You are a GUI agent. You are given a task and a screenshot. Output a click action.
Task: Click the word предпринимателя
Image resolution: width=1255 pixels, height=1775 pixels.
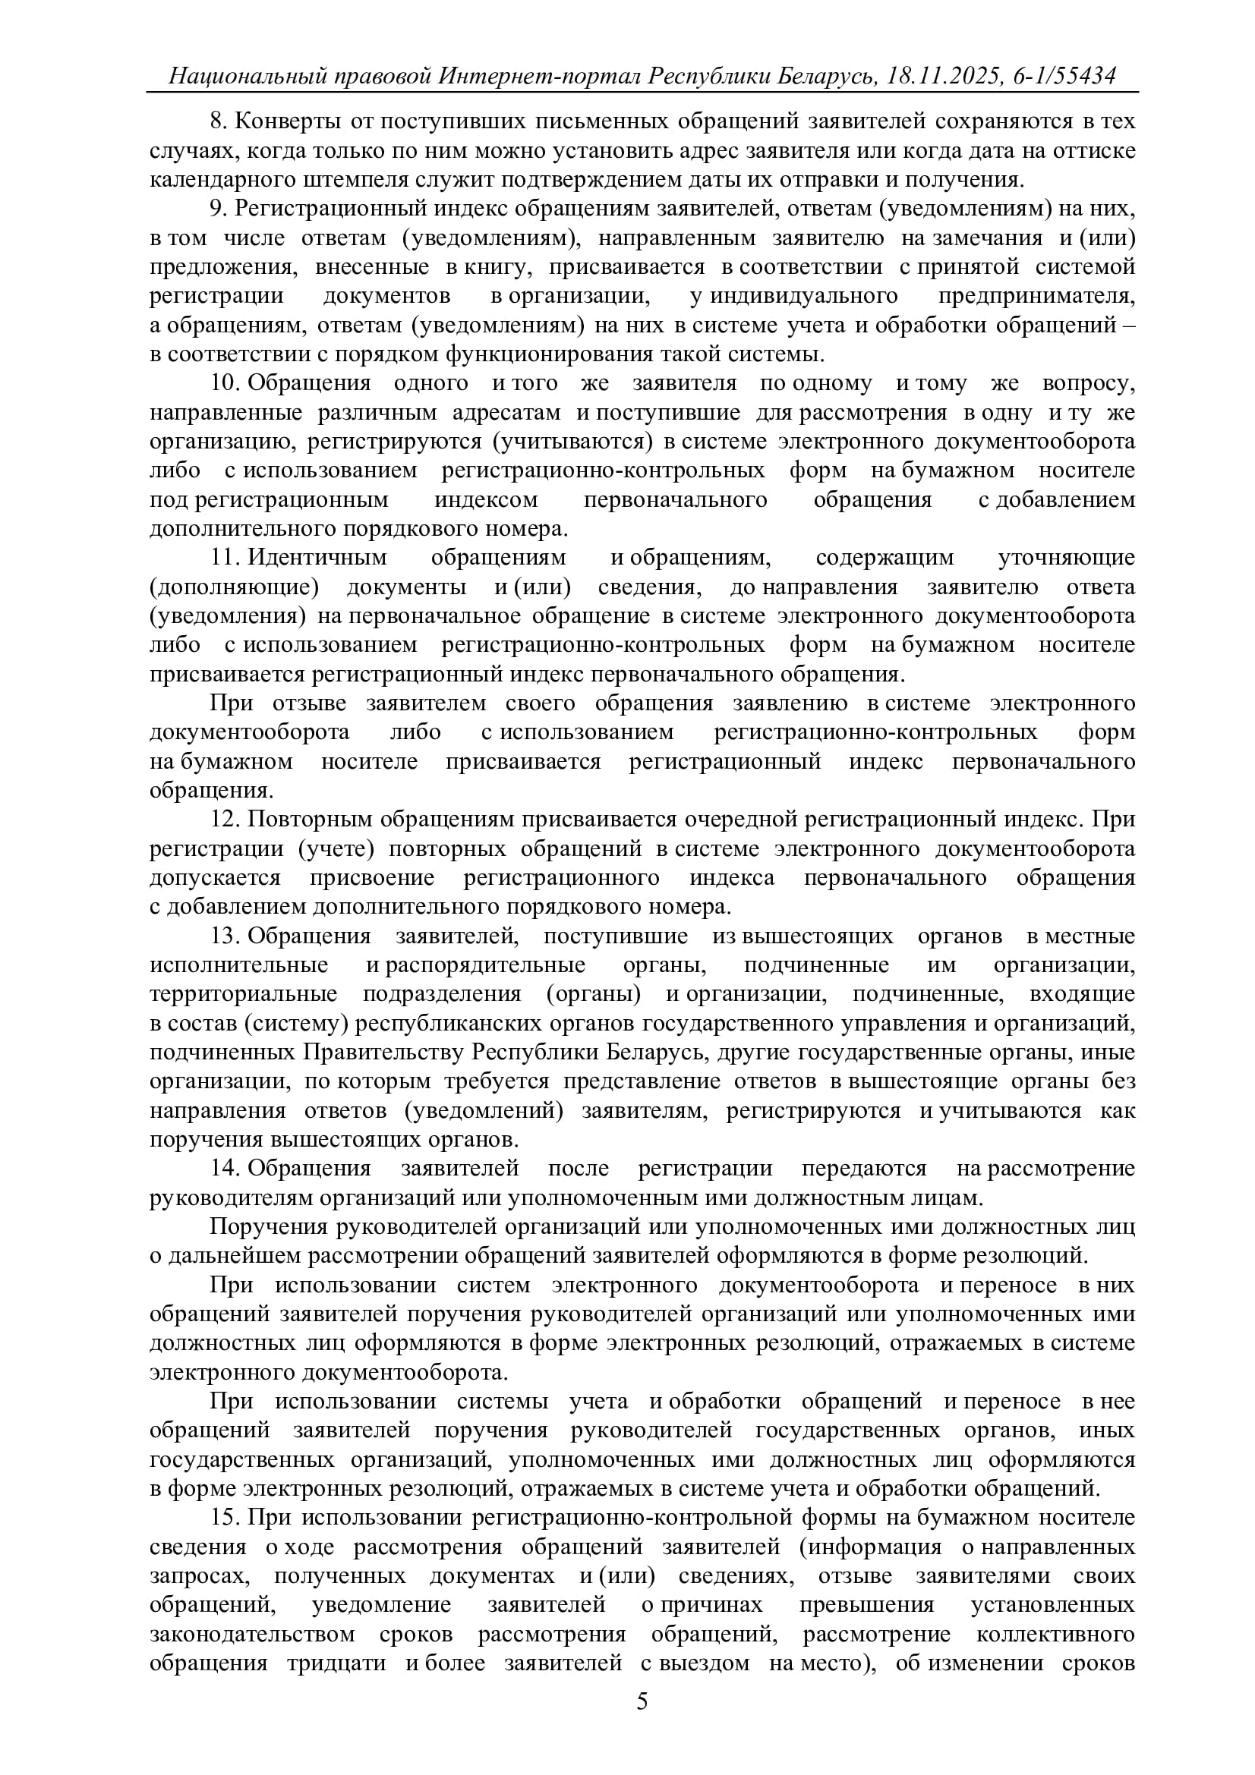tap(1037, 296)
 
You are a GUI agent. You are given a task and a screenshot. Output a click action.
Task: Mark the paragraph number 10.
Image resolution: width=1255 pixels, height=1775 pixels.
tap(225, 383)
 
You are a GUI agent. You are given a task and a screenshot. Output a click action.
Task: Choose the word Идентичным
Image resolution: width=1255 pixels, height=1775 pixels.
tap(317, 558)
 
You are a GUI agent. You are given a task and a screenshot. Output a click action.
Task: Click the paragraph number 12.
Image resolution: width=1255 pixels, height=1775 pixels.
tap(225, 820)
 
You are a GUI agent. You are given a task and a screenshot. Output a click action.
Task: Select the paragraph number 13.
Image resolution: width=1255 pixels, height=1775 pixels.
tap(225, 936)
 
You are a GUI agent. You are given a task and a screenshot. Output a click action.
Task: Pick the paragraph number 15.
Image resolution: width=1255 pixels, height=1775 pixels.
tap(225, 1518)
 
